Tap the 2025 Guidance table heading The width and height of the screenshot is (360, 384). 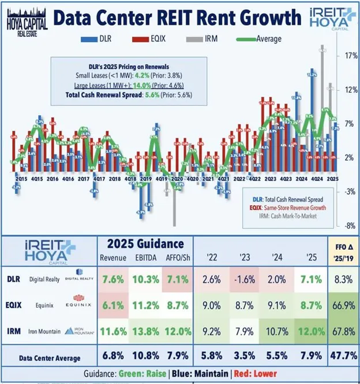[x=141, y=244]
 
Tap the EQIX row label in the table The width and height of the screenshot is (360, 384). [x=16, y=306]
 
